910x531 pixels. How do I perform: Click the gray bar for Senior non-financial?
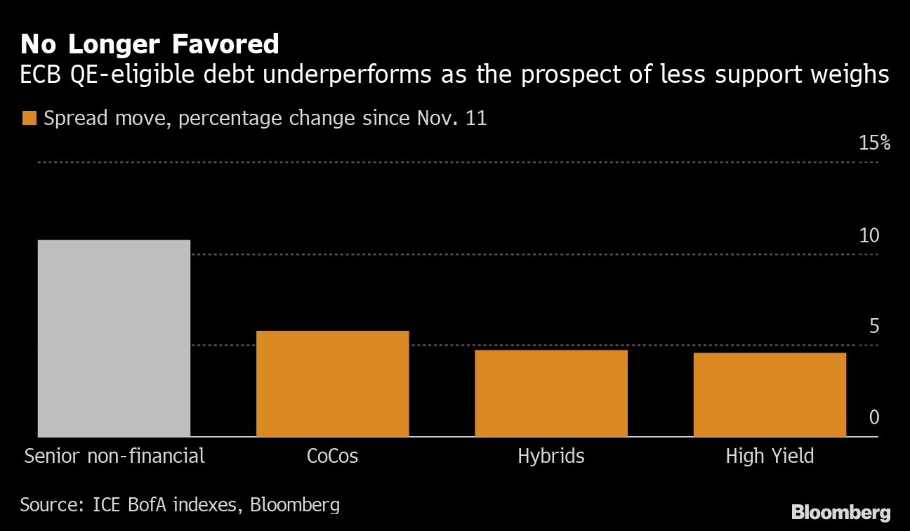[x=114, y=338]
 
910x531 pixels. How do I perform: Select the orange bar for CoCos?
[x=332, y=383]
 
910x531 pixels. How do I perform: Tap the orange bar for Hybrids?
[x=550, y=393]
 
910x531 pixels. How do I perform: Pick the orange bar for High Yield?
[x=770, y=394]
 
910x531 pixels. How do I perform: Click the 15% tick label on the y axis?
[x=874, y=143]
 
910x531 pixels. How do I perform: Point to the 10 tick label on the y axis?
[x=869, y=235]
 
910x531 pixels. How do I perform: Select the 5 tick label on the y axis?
[x=874, y=327]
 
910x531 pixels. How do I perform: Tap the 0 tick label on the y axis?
[x=874, y=418]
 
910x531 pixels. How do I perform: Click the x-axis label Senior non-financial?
[x=114, y=456]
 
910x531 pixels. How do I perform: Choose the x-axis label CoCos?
[x=332, y=456]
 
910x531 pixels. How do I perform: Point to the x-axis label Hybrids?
[x=550, y=456]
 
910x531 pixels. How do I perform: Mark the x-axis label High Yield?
[x=770, y=456]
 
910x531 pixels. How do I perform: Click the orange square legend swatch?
[x=29, y=118]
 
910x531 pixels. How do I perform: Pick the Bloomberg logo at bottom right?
[x=840, y=512]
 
